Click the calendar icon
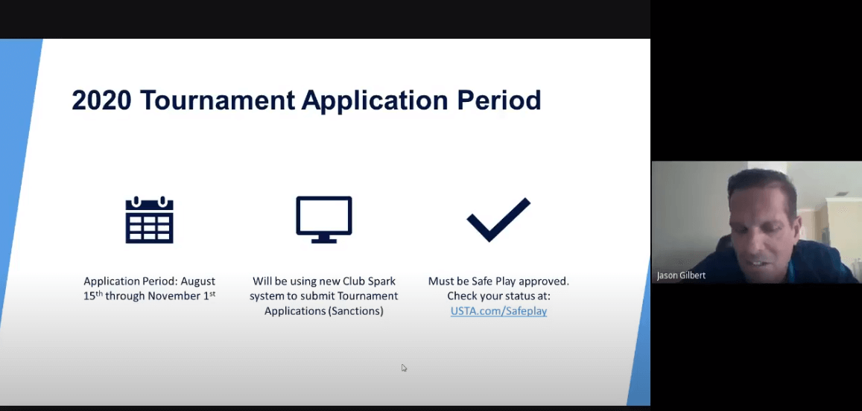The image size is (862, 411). point(149,220)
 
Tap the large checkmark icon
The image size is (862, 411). point(498,220)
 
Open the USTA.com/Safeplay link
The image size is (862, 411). point(498,311)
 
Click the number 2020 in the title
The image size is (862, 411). point(101,100)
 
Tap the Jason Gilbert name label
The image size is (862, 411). point(681,275)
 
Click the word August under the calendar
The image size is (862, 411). point(197,281)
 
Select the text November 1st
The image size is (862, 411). point(180,296)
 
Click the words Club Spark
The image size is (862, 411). point(370,281)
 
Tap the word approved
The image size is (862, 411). point(545,281)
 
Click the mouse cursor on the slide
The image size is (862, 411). point(404,367)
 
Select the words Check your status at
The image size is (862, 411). point(498,296)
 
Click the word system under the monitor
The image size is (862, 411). point(270,296)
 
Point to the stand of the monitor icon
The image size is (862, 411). point(324,238)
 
